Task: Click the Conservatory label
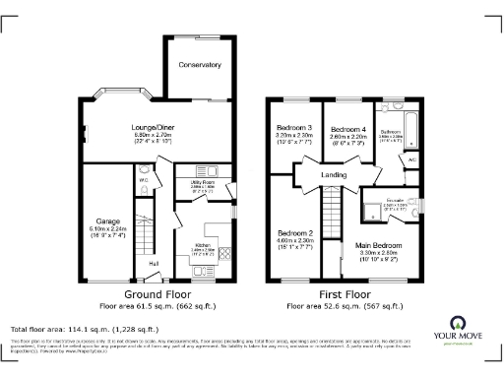[x=199, y=65]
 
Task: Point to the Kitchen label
[x=204, y=245]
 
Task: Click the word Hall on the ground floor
[x=154, y=263]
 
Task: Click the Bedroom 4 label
[x=346, y=130]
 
